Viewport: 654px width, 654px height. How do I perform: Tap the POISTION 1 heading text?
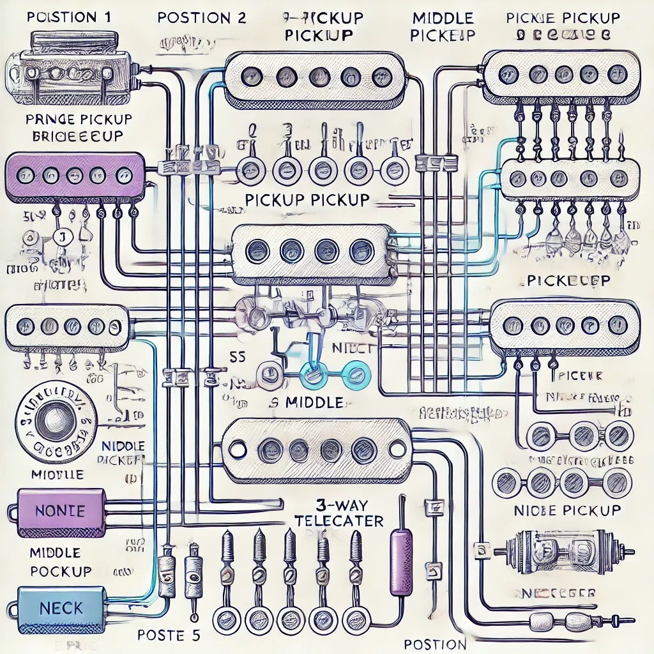69,17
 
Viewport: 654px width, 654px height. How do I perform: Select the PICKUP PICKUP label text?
307,199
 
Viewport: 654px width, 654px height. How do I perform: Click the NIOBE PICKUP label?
567,510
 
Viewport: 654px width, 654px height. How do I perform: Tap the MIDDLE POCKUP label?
60,561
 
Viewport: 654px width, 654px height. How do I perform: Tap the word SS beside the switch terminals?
238,358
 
